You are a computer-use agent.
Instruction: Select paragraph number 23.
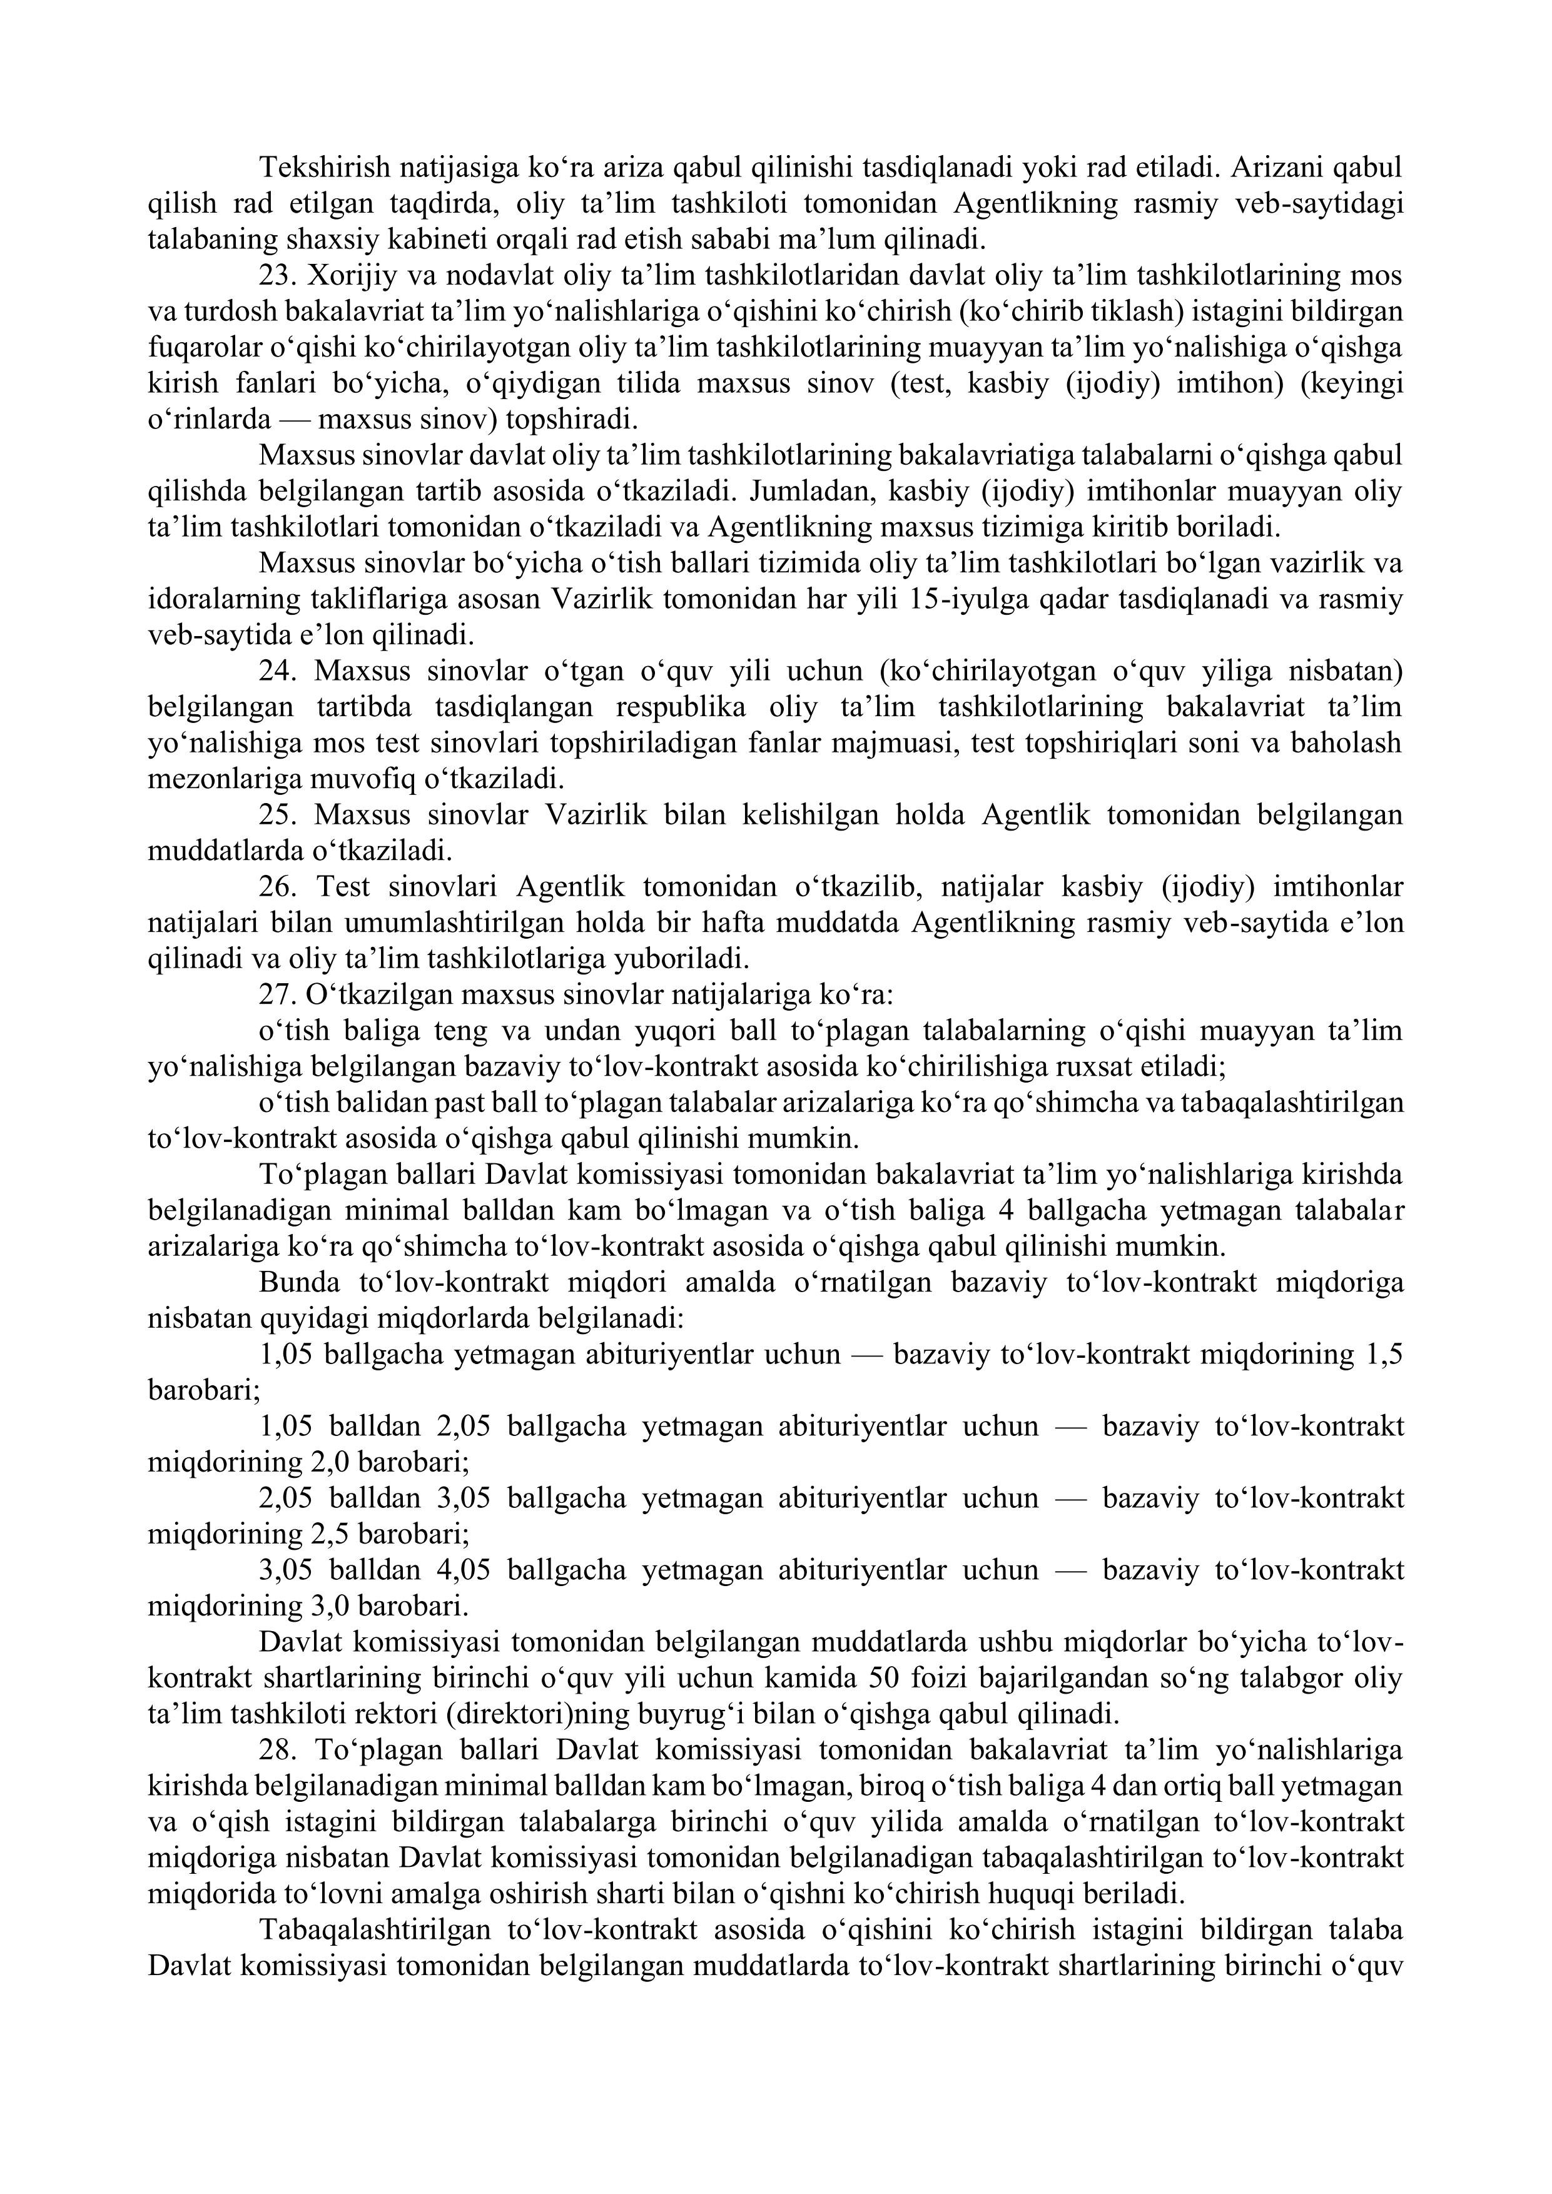tap(277, 276)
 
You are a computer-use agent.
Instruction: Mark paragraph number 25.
tap(277, 815)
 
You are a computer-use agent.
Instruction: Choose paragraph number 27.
tap(277, 995)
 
